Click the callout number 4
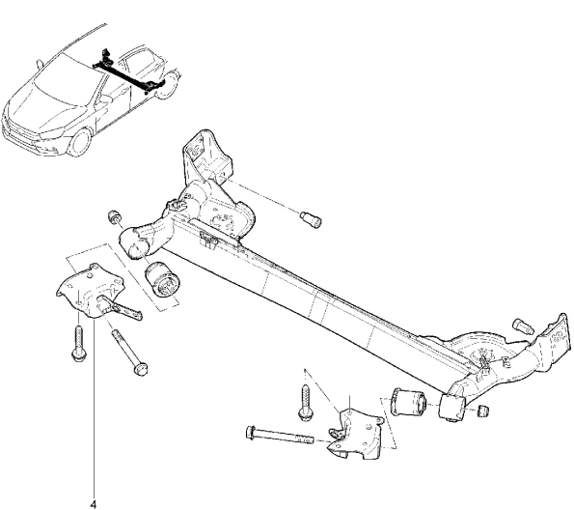(94, 504)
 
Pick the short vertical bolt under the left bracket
(79, 344)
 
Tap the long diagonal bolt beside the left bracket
(130, 352)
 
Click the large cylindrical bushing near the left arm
(162, 278)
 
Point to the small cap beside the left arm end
(116, 216)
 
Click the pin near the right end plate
(524, 326)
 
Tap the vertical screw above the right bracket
(305, 402)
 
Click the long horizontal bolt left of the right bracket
(280, 435)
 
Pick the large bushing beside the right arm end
(408, 402)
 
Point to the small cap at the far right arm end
(483, 411)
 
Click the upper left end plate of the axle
(206, 154)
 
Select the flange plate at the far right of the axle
(556, 335)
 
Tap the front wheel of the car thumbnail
(79, 142)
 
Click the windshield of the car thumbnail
(67, 76)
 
